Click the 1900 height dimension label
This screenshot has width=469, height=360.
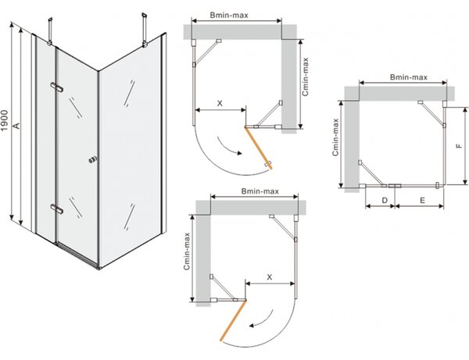(x=5, y=120)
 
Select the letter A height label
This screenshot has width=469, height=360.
(x=17, y=126)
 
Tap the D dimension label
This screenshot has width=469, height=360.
(x=385, y=200)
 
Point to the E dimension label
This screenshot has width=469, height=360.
(x=422, y=200)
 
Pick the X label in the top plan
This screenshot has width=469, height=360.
(x=220, y=103)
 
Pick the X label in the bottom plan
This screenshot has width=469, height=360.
(x=270, y=277)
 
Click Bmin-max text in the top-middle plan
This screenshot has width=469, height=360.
(x=229, y=15)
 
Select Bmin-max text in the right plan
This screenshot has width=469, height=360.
(x=409, y=77)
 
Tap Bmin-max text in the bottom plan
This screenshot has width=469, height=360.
(x=260, y=191)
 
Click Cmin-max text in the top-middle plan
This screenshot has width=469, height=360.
(x=305, y=77)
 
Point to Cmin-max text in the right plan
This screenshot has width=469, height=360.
(x=335, y=137)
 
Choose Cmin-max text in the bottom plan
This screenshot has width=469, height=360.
(x=187, y=251)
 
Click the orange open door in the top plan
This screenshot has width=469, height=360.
(x=259, y=148)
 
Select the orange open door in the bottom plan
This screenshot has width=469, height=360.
(x=233, y=320)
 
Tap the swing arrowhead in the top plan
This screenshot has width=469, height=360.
(x=239, y=154)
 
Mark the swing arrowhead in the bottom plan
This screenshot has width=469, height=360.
(x=252, y=326)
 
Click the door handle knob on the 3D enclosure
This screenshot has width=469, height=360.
(x=93, y=159)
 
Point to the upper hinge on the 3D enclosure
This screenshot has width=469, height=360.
(x=57, y=87)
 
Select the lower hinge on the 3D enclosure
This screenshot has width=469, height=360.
(x=57, y=209)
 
